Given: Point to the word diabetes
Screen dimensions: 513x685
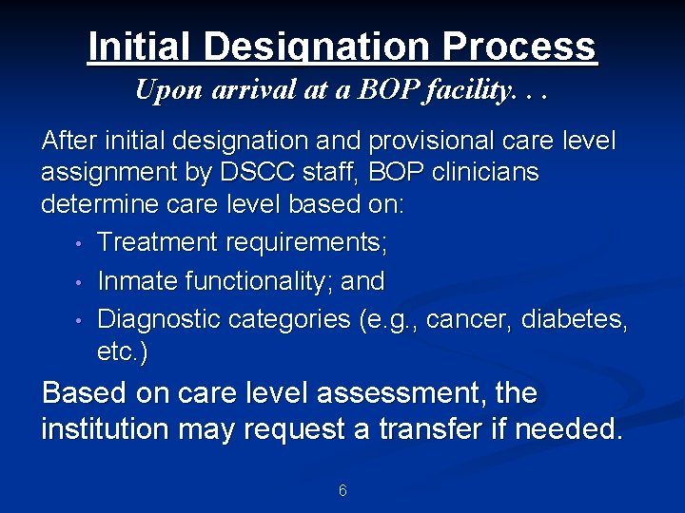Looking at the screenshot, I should point(582,319).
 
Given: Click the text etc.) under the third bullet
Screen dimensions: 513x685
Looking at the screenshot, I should point(122,352).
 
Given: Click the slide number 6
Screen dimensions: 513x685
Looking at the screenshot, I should point(342,491).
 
